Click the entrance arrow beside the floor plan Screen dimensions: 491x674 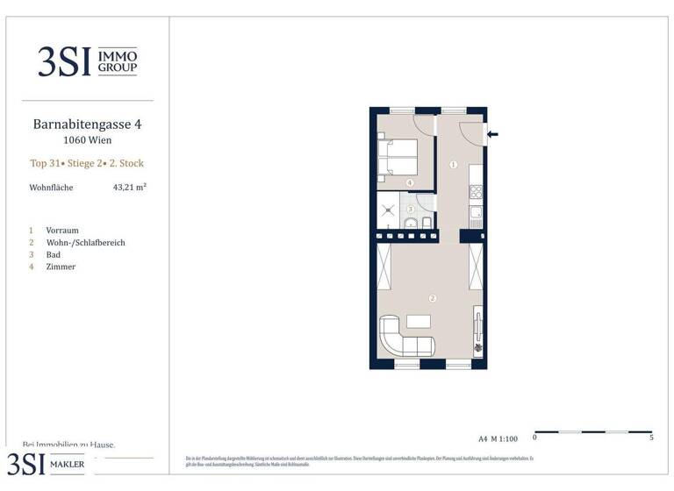[492, 134]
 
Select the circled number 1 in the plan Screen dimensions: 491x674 [454, 165]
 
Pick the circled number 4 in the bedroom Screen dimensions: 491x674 [410, 182]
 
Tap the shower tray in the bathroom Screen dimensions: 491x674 [388, 210]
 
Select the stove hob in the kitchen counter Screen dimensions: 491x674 [476, 189]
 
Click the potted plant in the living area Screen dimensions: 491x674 [477, 347]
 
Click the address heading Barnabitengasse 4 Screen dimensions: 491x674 [87, 125]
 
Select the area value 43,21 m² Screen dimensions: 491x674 [129, 187]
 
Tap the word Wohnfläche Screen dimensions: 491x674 [51, 188]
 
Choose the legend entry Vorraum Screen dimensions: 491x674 [61, 230]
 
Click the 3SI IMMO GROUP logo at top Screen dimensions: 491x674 [87, 60]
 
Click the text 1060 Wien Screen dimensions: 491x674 [87, 140]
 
